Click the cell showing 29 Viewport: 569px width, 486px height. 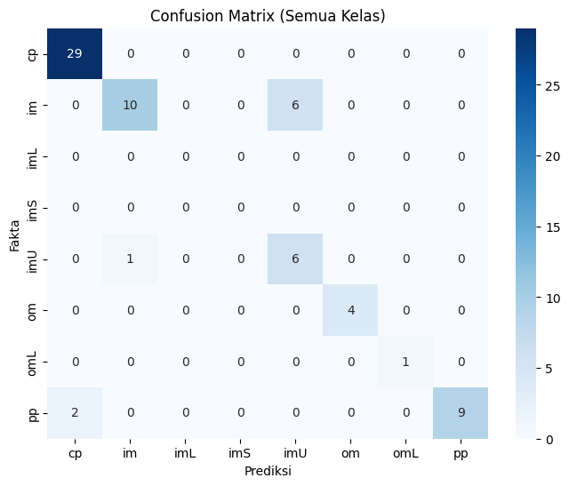[x=75, y=53]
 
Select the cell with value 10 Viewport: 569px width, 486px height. [x=130, y=105]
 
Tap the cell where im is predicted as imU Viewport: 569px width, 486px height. [x=295, y=105]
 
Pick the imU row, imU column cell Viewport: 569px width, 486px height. [x=295, y=259]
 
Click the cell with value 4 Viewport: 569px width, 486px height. [x=350, y=310]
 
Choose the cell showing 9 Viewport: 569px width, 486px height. [x=461, y=413]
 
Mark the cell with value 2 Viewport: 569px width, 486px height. [x=75, y=413]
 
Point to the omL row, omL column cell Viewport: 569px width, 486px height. [x=405, y=362]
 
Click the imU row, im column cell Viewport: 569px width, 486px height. [x=130, y=259]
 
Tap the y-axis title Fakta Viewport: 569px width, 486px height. [x=14, y=235]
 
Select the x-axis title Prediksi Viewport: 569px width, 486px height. [x=268, y=471]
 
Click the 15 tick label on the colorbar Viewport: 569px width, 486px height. [x=552, y=227]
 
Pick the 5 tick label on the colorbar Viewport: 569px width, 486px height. [x=549, y=369]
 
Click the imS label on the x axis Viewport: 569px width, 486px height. [x=239, y=453]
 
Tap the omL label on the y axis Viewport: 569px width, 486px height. [x=32, y=363]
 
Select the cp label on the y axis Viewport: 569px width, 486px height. [x=33, y=55]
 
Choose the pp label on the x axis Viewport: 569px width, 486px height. [x=461, y=454]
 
